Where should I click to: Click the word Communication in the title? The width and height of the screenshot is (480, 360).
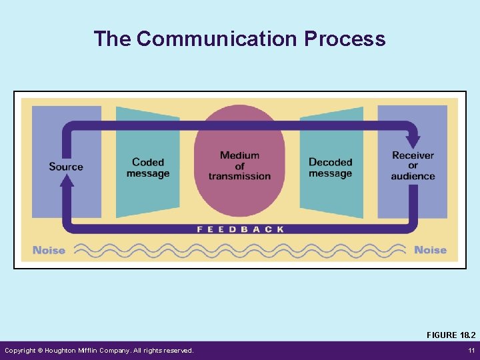[x=217, y=39]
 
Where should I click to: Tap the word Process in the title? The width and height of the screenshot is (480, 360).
[x=345, y=39]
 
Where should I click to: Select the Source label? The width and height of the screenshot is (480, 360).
[x=66, y=166]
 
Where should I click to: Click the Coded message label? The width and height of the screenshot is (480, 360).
[x=148, y=168]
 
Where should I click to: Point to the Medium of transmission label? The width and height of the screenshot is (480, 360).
[x=239, y=166]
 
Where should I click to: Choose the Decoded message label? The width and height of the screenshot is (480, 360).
[x=330, y=168]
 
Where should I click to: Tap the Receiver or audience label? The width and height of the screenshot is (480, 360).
[x=413, y=166]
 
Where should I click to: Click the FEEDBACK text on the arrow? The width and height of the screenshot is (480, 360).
[x=240, y=229]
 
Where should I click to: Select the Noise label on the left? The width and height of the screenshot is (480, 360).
[x=49, y=250]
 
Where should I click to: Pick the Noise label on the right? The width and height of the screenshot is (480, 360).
[x=430, y=250]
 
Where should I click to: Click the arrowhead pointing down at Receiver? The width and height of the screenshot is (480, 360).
[x=413, y=141]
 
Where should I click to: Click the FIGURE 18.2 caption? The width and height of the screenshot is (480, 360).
[x=451, y=335]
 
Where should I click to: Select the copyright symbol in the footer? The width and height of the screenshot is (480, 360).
[x=40, y=351]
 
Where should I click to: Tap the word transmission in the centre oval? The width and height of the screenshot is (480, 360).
[x=239, y=177]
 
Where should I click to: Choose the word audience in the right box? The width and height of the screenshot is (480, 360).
[x=413, y=177]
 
